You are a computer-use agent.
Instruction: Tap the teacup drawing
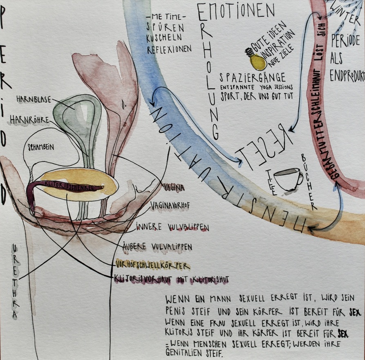(288, 179)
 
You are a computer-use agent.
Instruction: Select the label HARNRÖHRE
(29, 120)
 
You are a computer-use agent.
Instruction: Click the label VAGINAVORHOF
(172, 204)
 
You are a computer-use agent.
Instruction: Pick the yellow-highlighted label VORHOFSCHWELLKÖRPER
(153, 265)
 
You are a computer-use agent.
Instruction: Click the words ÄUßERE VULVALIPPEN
(157, 247)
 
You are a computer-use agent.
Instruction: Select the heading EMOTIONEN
(236, 11)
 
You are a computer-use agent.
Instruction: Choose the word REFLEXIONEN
(169, 49)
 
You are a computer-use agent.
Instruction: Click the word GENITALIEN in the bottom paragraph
(188, 352)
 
